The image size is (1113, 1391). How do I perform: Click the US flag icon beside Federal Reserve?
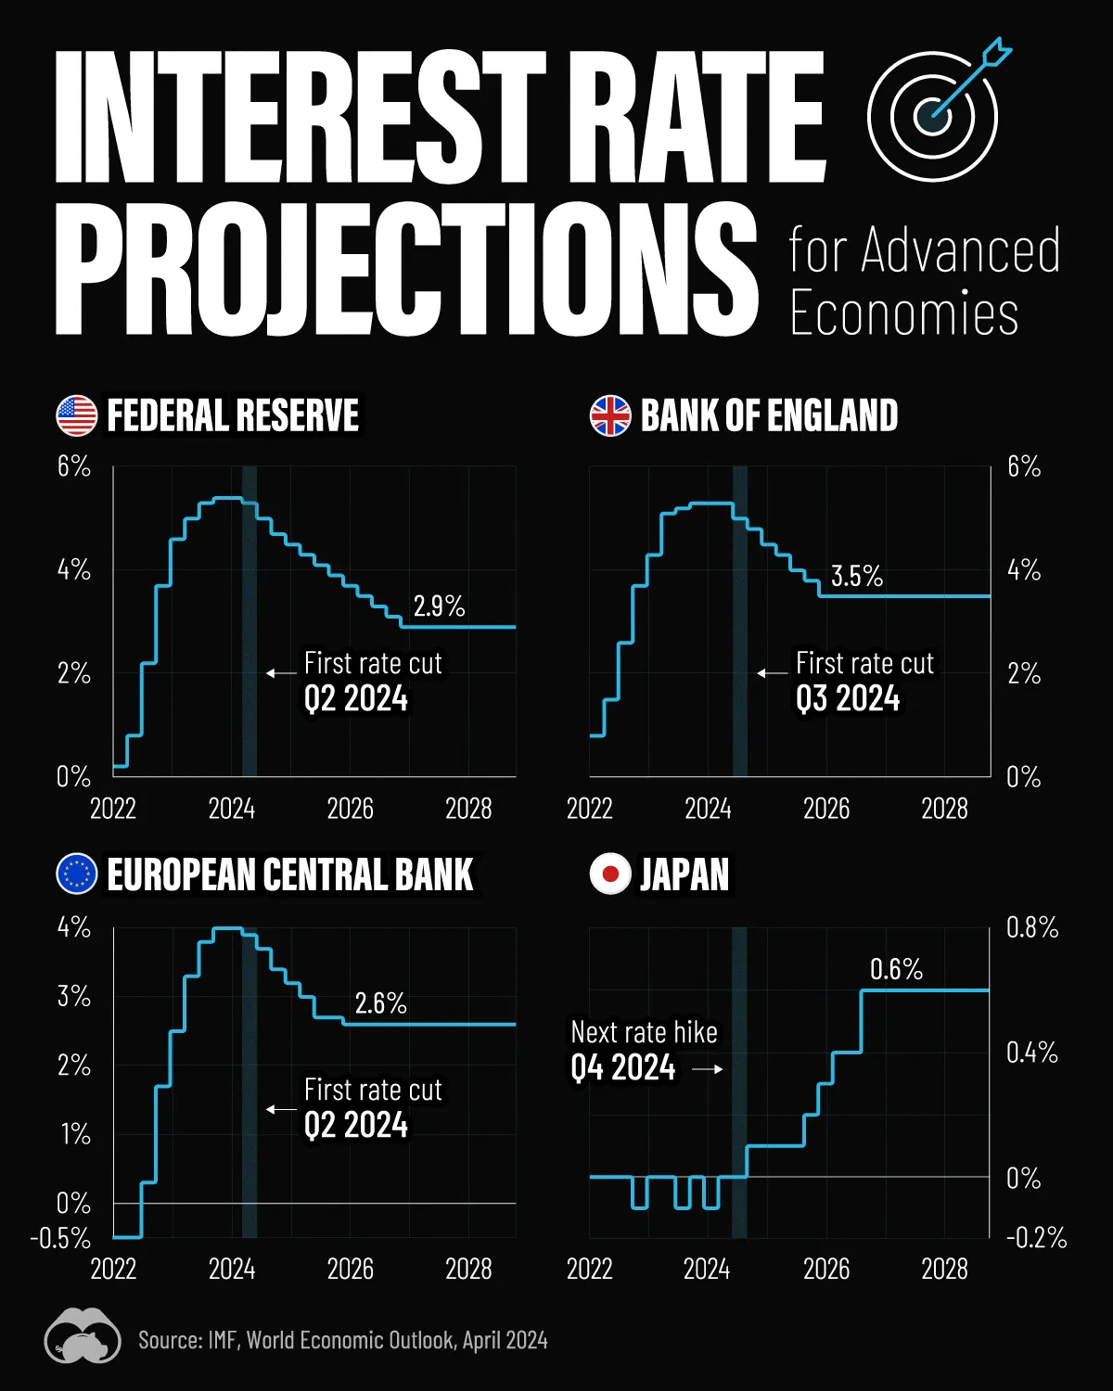click(77, 415)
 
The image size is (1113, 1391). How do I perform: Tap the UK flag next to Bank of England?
click(610, 415)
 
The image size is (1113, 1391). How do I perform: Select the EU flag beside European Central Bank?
click(77, 874)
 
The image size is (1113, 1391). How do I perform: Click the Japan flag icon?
click(610, 874)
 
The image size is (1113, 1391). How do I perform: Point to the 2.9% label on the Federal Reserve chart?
click(439, 606)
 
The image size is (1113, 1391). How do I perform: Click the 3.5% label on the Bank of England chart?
click(857, 576)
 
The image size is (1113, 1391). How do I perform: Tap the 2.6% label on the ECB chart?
click(380, 1003)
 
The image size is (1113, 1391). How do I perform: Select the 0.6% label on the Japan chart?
click(896, 970)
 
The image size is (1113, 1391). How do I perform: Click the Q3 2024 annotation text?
click(848, 698)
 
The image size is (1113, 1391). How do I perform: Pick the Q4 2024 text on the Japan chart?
click(623, 1068)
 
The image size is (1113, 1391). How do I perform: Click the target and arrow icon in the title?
click(937, 111)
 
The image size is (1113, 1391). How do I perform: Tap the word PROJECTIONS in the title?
click(406, 269)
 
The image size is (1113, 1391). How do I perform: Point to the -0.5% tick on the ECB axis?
click(61, 1238)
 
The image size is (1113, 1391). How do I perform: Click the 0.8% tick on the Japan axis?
click(1031, 927)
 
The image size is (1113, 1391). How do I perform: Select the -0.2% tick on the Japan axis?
click(1036, 1238)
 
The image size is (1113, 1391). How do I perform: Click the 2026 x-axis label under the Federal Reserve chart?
click(350, 809)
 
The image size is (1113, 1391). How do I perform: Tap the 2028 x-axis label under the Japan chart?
click(944, 1269)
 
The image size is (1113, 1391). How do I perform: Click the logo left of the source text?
click(83, 1336)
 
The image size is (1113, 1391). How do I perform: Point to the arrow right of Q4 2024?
click(708, 1069)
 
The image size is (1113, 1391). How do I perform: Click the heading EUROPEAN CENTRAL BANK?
click(289, 874)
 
